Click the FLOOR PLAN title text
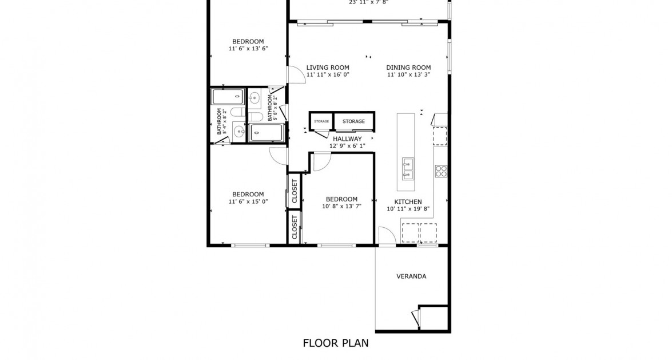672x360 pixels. pos(335,343)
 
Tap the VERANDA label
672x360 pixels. pos(411,276)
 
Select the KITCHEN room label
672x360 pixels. pos(408,201)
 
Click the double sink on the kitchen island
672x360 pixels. pos(408,169)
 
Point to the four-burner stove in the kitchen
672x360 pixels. pos(441,171)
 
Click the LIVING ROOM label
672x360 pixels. pos(327,68)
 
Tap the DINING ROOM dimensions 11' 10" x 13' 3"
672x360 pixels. pos(408,74)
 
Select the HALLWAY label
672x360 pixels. pos(347,139)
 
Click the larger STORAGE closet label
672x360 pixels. pos(353,121)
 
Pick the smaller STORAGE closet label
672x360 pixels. pos(321,121)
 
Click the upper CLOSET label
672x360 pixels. pos(295,191)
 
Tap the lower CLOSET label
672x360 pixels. pos(295,227)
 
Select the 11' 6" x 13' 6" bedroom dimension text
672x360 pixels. pos(248,49)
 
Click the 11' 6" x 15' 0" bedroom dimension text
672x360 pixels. pos(248,201)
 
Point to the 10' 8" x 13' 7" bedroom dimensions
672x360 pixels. pos(341,206)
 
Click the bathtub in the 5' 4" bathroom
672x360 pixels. pos(228,97)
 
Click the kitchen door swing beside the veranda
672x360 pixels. pos(386,235)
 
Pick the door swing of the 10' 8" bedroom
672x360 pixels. pos(321,163)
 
